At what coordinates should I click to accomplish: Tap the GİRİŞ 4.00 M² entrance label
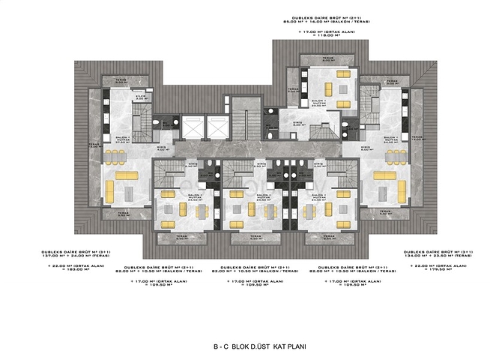click(163, 148)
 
